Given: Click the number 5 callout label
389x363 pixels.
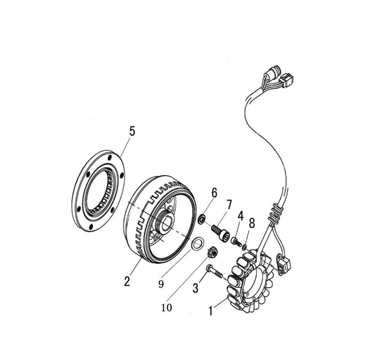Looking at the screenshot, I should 132,131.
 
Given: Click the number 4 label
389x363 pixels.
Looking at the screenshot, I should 240,215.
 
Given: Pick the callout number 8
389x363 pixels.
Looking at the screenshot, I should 252,224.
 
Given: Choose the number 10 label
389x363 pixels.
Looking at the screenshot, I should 167,307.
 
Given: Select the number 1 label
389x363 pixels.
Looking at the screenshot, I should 211,312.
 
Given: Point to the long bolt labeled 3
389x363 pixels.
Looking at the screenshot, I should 214,270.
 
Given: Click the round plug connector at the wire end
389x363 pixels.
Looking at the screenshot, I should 274,73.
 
